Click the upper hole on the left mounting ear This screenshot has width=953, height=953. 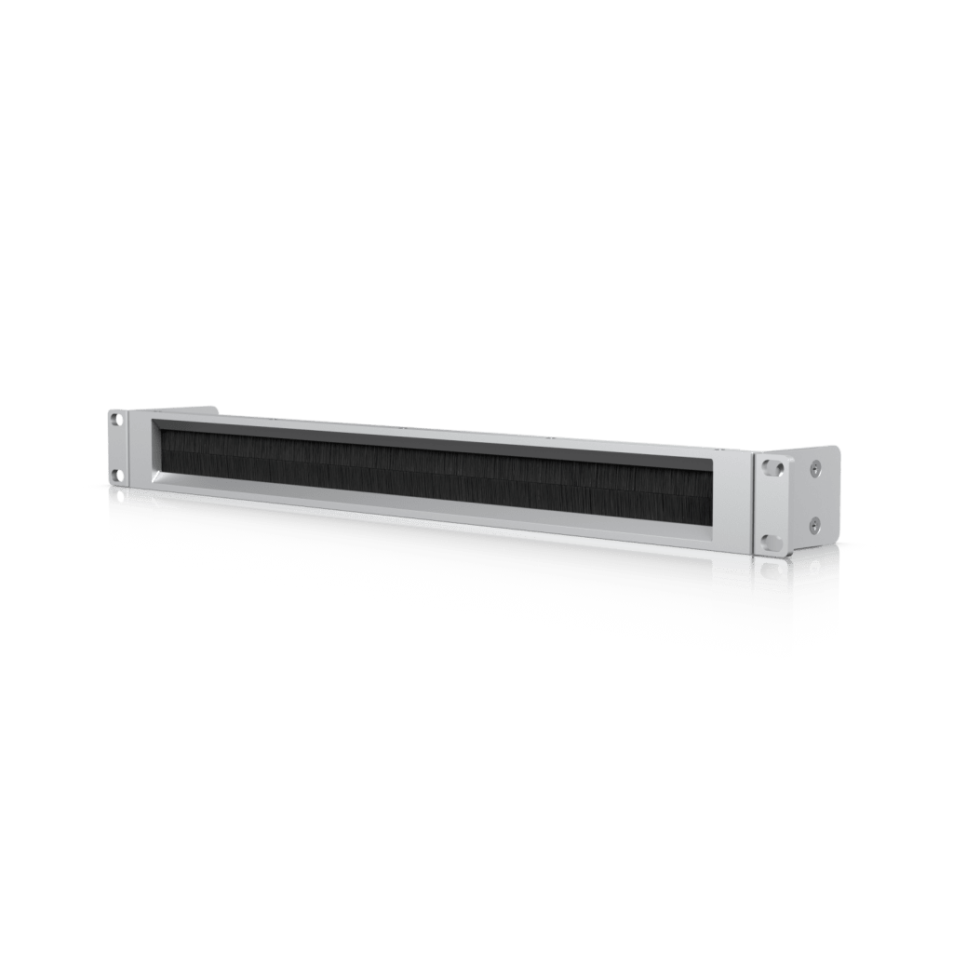[116, 420]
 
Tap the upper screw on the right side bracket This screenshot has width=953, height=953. [814, 469]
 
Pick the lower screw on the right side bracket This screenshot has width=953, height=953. [814, 526]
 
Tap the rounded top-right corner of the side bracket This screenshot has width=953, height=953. [835, 451]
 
